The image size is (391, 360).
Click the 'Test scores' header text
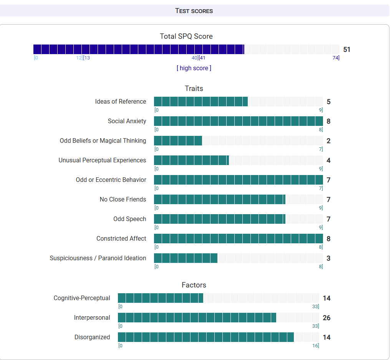coord(194,11)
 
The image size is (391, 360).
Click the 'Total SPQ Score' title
coord(186,36)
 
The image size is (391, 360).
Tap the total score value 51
coord(347,50)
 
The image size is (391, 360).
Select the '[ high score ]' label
coord(194,68)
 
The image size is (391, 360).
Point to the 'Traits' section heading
coord(194,89)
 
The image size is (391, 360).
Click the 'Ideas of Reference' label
coord(121,102)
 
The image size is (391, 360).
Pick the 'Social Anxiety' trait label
coord(127,121)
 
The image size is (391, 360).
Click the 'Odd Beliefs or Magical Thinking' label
coord(103,141)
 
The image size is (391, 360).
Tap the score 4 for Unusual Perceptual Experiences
coord(328,160)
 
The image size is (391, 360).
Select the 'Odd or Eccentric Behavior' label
coord(111,180)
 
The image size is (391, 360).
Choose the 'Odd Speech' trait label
coord(129,219)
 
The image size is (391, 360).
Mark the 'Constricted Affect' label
coord(121,239)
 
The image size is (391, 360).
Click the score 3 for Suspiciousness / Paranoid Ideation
coord(328,258)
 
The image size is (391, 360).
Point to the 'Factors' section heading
coord(194,285)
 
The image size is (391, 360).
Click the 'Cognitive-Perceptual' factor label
coord(82,298)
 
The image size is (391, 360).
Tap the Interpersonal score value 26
coord(326,318)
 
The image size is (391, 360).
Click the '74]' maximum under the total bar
coord(336,58)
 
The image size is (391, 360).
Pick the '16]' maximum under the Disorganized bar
coord(315,346)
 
